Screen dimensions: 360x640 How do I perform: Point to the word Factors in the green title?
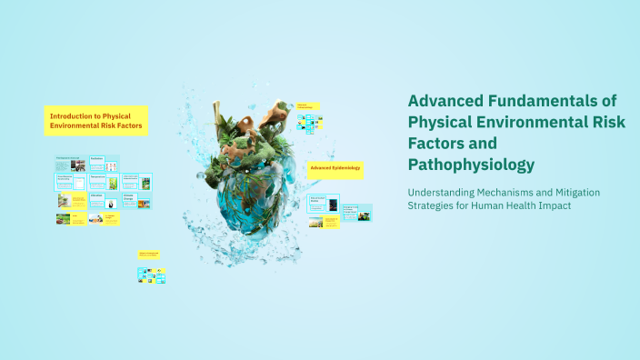(437, 143)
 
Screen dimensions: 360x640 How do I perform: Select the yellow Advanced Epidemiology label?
(335, 168)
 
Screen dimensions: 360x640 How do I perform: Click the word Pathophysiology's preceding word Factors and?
(437, 143)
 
